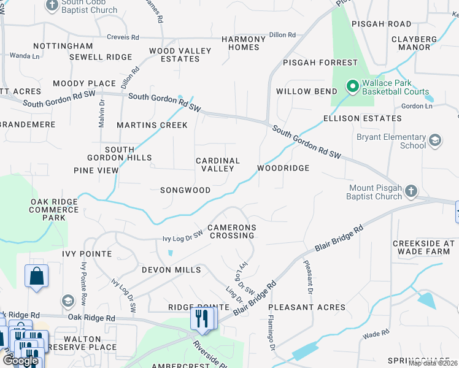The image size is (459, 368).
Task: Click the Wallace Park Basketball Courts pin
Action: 352,86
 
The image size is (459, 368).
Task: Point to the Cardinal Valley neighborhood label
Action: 217,164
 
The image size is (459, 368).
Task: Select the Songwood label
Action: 185,190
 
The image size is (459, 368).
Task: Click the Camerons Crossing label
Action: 231,231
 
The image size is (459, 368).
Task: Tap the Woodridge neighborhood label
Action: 283,167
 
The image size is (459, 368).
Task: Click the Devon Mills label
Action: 171,270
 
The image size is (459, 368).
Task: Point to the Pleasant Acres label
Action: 307,307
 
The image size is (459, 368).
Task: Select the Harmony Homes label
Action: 244,43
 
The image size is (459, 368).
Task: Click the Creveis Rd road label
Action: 124,37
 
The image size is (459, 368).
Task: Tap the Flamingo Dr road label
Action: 271,336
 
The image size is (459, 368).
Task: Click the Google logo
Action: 20,361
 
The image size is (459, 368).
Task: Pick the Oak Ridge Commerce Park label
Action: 55,209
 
